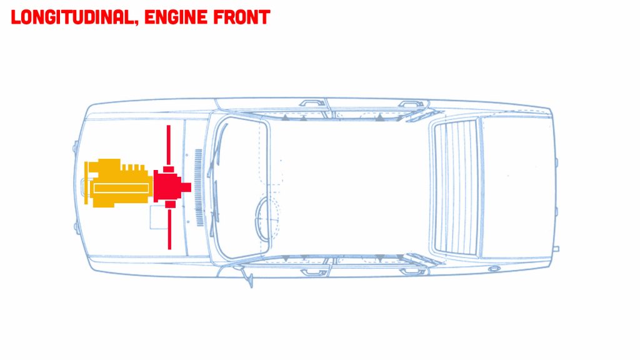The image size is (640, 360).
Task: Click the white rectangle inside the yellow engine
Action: point(121,187)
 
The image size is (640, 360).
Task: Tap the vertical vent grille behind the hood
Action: point(199,187)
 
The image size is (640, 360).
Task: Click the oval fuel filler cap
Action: point(494,269)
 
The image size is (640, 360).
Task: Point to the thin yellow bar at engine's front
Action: point(86,182)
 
